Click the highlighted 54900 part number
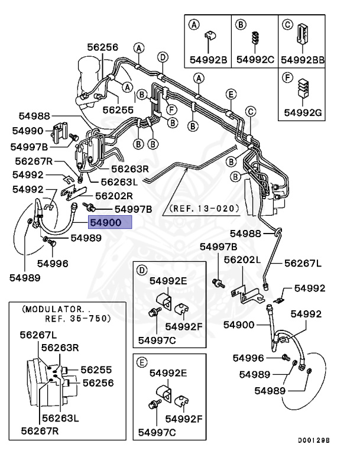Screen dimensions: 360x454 pyautogui.click(x=106, y=222)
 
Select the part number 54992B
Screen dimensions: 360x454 pyautogui.click(x=208, y=60)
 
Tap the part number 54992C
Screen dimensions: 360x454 pyautogui.click(x=255, y=59)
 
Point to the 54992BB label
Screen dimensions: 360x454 pyautogui.click(x=303, y=60)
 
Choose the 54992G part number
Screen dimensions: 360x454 pyautogui.click(x=303, y=112)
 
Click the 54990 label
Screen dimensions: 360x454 pyautogui.click(x=28, y=131)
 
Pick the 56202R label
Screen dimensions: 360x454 pyautogui.click(x=114, y=196)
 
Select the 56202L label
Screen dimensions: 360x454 pyautogui.click(x=242, y=260)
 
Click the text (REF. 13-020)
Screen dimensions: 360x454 pyautogui.click(x=205, y=208)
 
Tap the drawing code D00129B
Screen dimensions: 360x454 pyautogui.click(x=314, y=440)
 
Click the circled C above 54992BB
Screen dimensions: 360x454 pyautogui.click(x=287, y=25)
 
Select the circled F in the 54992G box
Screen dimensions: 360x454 pyautogui.click(x=287, y=77)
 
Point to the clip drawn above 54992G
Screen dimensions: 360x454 pyautogui.click(x=303, y=87)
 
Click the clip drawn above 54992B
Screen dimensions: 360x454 pyautogui.click(x=210, y=35)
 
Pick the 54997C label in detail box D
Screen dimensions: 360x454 pyautogui.click(x=157, y=340)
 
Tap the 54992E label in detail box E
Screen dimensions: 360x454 pyautogui.click(x=168, y=373)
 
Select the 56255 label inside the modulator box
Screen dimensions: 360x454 pyautogui.click(x=96, y=369)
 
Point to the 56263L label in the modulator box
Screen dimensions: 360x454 pyautogui.click(x=60, y=418)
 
